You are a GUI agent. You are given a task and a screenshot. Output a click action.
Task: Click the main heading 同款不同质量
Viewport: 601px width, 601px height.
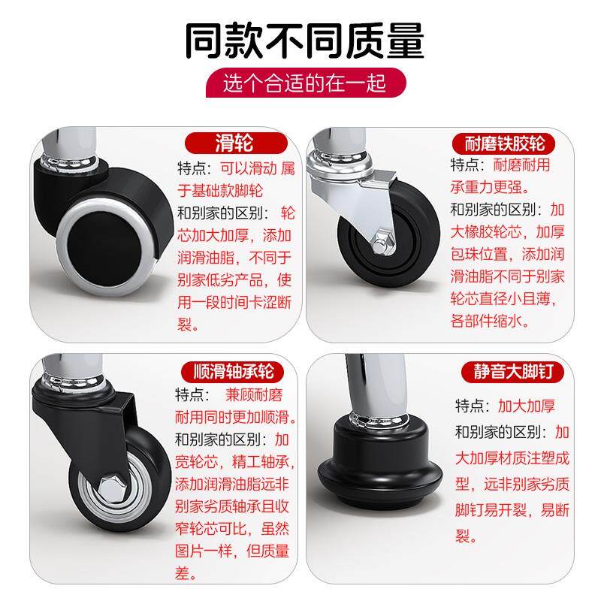[304, 40]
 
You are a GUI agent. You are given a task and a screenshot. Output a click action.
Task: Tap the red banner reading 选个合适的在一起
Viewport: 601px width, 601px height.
[306, 83]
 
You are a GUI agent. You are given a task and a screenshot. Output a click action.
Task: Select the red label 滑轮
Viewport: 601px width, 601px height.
[236, 143]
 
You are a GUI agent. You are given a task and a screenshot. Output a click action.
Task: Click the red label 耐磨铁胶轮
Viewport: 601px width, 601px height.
[503, 143]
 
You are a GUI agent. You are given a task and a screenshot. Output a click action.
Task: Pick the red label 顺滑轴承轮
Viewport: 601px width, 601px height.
[232, 371]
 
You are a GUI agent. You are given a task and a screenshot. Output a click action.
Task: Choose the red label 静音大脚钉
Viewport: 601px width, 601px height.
[513, 371]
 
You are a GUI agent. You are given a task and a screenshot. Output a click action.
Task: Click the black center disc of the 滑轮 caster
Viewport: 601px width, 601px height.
[104, 249]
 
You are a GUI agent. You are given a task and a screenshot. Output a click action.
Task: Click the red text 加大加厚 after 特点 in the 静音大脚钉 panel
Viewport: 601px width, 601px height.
[526, 406]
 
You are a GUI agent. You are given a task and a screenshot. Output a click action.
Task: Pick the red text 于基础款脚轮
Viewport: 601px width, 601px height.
[220, 191]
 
